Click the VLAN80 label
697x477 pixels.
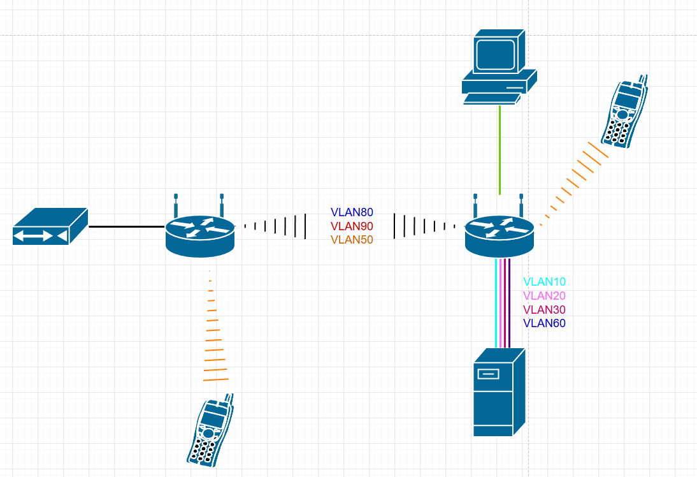[x=352, y=212]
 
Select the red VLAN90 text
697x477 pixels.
[x=352, y=226]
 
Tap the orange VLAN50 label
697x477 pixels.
[x=352, y=240]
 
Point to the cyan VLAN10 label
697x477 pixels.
[x=544, y=281]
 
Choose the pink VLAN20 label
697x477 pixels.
[x=544, y=295]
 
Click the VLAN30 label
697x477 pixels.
[x=544, y=309]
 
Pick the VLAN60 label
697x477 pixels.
[x=544, y=323]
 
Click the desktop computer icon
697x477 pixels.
[x=499, y=66]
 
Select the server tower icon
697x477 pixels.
[x=498, y=393]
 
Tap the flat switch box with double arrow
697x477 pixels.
[x=49, y=226]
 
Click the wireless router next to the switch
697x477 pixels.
[x=200, y=233]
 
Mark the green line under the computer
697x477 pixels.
[x=499, y=150]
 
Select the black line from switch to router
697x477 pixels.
[x=126, y=226]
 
